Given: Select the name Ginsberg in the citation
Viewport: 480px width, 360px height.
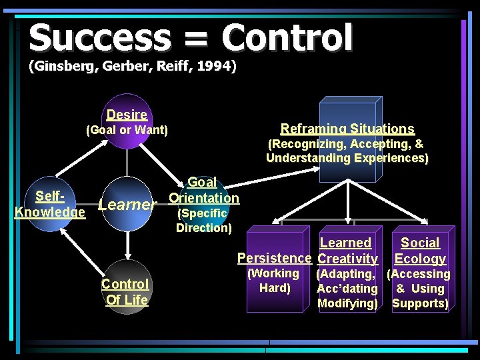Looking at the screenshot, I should [61, 67].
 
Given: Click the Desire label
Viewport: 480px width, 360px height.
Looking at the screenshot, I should [127, 115].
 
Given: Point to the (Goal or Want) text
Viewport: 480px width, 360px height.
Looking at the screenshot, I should [127, 130].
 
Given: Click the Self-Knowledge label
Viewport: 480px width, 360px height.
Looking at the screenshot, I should [50, 204].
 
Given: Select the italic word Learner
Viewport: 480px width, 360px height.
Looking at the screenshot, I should [127, 205].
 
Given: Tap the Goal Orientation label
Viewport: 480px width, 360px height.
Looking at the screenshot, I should [203, 190].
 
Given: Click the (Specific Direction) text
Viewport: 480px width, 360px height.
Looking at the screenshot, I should [203, 220].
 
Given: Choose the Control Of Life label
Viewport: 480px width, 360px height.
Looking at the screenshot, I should [125, 292].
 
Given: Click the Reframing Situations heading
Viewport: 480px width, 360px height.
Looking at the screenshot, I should [347, 129].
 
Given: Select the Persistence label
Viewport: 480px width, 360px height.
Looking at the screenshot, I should [274, 258].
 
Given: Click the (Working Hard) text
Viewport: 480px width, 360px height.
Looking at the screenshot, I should [273, 281].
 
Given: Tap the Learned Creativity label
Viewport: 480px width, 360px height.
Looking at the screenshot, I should [347, 251].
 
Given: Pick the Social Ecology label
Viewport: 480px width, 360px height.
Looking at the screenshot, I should [420, 251].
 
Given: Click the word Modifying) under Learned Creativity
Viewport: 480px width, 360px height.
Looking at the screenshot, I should [347, 303].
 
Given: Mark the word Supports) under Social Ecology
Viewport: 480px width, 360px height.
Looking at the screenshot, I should [420, 303].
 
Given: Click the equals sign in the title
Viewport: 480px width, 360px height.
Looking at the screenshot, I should [197, 39].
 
